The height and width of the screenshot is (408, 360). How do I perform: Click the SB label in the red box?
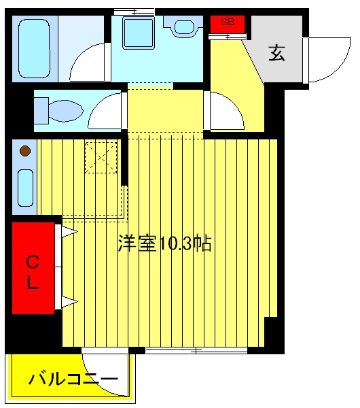point(228,22)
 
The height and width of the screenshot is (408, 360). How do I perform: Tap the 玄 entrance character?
point(277,53)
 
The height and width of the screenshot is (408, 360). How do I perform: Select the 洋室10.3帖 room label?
point(165,243)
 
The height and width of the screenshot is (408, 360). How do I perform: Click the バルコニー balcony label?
point(73,379)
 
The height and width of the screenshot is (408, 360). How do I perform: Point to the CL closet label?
point(33,272)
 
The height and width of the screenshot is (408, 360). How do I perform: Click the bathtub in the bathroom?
point(34,49)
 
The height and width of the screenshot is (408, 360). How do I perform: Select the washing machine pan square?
point(138,33)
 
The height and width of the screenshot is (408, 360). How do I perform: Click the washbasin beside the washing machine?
point(184,26)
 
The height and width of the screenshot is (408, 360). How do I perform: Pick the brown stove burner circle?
point(25,151)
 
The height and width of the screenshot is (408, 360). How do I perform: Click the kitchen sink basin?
point(26,188)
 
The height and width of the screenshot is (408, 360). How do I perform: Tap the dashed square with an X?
point(101,157)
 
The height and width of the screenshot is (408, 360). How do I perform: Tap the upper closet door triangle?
point(69,232)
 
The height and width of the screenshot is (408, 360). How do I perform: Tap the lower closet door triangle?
point(69,302)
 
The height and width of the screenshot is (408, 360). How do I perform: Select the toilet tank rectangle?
point(41,111)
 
